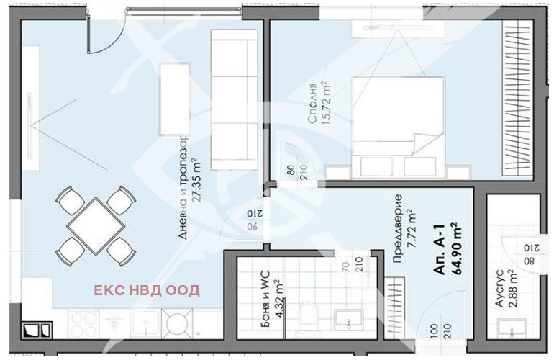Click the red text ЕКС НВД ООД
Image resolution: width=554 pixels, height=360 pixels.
[147, 291]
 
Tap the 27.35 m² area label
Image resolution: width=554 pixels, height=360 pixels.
[196, 181]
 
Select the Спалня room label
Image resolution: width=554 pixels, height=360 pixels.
[312, 104]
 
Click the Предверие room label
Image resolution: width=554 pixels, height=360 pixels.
[398, 228]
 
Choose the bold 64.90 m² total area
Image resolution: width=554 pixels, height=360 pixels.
[457, 248]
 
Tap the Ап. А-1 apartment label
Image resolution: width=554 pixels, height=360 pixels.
[440, 248]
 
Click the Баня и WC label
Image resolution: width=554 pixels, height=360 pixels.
[265, 300]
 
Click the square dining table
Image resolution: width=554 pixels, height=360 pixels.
[96, 225]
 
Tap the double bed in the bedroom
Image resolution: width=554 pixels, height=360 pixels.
[398, 117]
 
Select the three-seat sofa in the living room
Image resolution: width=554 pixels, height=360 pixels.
[235, 99]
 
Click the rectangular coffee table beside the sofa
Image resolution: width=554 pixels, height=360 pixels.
[175, 99]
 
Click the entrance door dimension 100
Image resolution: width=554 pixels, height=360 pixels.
[435, 331]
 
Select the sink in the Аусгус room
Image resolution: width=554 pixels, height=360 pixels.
[512, 329]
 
